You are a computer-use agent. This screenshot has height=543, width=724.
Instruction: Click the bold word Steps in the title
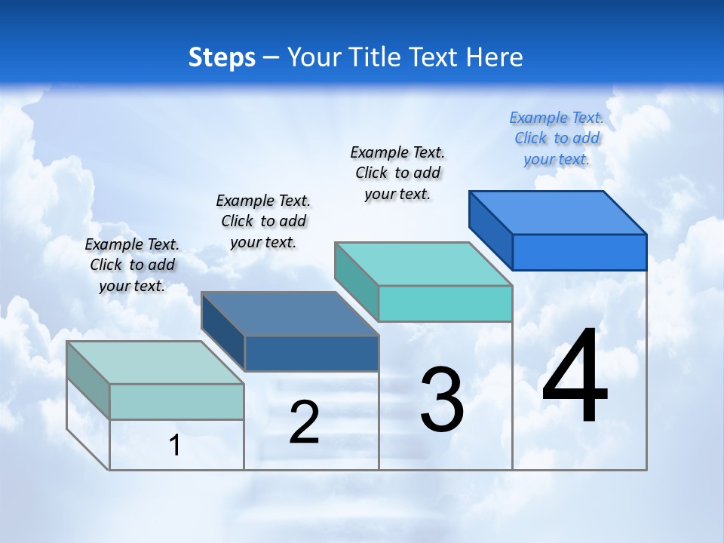(222, 57)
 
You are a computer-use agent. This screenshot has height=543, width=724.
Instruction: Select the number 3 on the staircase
(442, 400)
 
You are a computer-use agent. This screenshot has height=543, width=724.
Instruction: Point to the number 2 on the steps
(304, 422)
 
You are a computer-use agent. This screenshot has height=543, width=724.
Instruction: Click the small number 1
(175, 445)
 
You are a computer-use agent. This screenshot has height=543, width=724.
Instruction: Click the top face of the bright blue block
(558, 212)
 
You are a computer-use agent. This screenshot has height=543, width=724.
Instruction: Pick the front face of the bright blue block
(579, 252)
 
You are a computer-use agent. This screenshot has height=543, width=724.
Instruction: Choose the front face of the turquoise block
(445, 303)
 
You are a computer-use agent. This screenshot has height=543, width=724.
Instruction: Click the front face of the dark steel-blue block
(311, 353)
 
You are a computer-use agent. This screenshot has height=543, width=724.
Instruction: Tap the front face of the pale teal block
(176, 401)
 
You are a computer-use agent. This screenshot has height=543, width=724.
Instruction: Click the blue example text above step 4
(557, 138)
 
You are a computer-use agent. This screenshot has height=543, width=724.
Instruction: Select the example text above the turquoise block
(397, 173)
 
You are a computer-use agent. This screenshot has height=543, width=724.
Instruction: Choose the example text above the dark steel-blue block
(263, 221)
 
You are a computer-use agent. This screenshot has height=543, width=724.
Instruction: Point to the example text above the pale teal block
(132, 265)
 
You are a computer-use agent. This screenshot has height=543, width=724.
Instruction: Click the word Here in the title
(496, 57)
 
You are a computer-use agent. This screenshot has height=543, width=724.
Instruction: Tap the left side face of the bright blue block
(490, 230)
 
